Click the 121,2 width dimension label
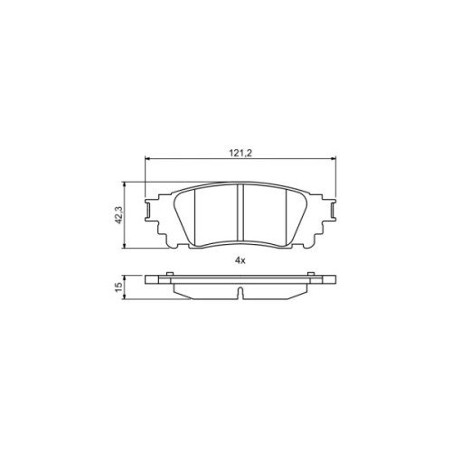tap(240, 153)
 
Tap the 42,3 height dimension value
tap(118, 215)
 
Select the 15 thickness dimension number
tap(118, 287)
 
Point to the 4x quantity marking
tap(240, 261)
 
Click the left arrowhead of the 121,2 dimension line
tap(147, 158)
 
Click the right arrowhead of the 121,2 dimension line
tap(333, 158)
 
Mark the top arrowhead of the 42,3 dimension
tap(124, 184)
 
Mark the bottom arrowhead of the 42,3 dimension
tap(124, 246)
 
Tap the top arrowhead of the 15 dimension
tap(124, 278)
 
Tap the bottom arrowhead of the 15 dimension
tap(124, 297)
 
